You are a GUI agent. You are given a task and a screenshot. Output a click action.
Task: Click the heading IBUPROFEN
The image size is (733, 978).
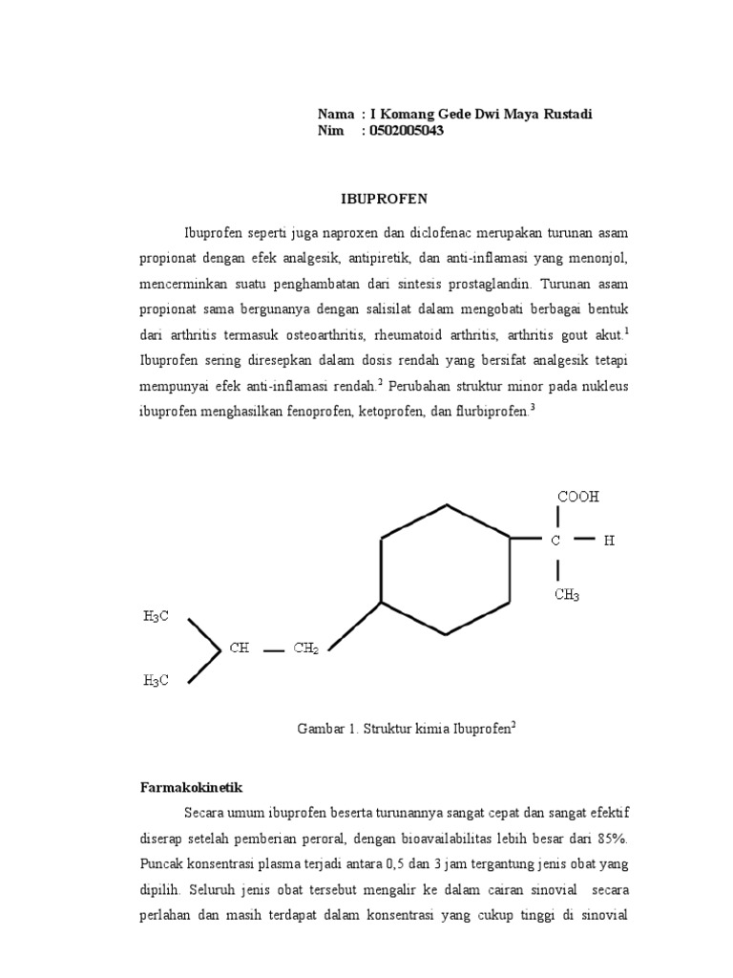click(385, 199)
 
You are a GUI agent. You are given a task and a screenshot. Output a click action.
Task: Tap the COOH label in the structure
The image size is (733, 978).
click(578, 498)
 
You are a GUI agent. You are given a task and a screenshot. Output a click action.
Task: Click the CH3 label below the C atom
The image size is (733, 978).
click(566, 595)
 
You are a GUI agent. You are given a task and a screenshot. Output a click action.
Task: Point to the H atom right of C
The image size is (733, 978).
click(609, 541)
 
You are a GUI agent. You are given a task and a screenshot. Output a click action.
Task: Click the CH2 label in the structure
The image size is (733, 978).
click(305, 648)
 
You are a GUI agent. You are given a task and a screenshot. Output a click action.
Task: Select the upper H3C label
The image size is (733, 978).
click(157, 617)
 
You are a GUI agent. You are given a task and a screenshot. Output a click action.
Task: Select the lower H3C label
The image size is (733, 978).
click(157, 680)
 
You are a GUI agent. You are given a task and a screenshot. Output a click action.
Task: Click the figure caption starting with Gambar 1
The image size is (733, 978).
click(407, 728)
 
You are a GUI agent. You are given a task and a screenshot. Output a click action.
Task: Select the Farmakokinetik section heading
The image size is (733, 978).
click(187, 788)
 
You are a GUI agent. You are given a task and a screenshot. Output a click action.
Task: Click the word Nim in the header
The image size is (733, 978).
click(330, 131)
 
